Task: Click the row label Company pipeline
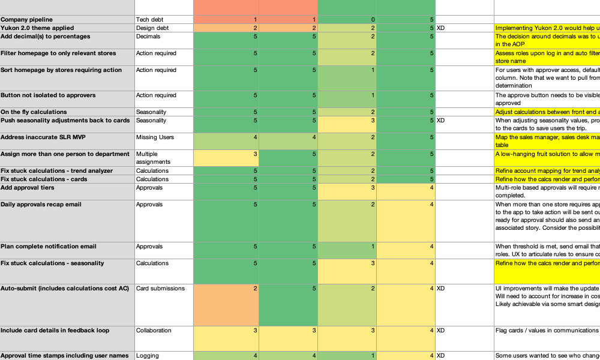[x=27, y=20]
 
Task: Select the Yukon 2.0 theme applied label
[x=37, y=28]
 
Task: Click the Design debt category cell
[x=152, y=28]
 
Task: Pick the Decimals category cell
[x=148, y=37]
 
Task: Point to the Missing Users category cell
[x=155, y=137]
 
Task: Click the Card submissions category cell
[x=160, y=289]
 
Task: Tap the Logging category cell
[x=148, y=356]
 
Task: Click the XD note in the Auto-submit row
[x=441, y=289]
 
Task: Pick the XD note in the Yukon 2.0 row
[x=441, y=28]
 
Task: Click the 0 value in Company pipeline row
[x=347, y=20]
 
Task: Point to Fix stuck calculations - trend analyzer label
[x=56, y=171]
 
